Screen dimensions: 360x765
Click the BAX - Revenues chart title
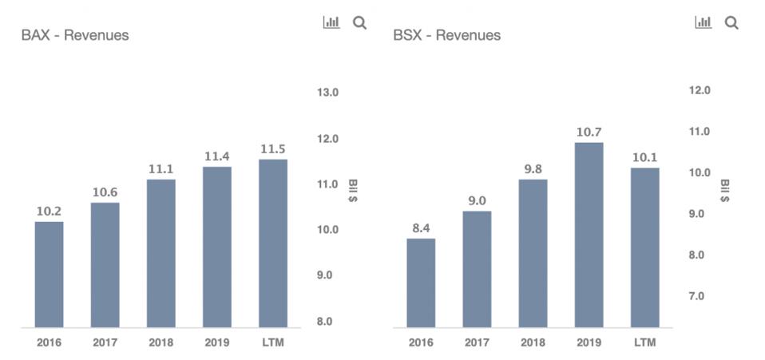point(75,35)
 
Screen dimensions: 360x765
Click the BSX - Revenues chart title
point(447,35)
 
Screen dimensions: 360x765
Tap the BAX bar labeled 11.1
point(161,253)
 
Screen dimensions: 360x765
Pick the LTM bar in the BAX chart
point(273,243)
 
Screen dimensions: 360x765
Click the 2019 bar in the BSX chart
point(589,235)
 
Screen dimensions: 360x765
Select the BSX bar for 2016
point(421,283)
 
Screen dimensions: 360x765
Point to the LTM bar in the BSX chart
point(644,247)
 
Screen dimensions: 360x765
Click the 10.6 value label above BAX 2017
point(105,192)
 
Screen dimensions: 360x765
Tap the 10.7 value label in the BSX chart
point(589,132)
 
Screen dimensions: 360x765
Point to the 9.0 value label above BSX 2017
point(477,200)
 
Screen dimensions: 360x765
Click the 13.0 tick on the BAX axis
point(327,93)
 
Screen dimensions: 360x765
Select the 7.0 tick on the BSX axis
point(698,296)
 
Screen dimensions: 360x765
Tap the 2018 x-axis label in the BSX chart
point(533,342)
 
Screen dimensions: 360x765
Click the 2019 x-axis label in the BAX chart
point(216,342)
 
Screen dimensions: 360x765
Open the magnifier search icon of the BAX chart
point(359,23)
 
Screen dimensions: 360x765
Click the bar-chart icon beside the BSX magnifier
point(704,23)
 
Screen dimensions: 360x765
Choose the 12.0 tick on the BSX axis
point(700,90)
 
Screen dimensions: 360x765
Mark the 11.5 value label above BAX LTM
point(273,148)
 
